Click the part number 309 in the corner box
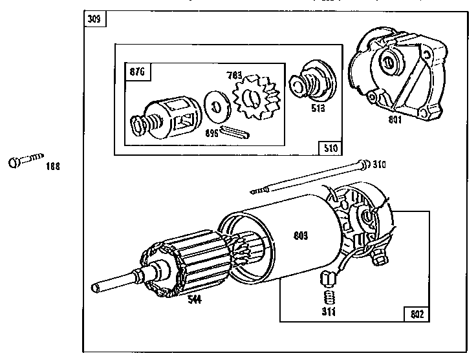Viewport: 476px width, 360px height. point(94,18)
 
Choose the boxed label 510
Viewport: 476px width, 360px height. point(330,147)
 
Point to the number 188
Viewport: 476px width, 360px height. point(52,167)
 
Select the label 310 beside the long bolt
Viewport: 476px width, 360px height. point(380,165)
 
